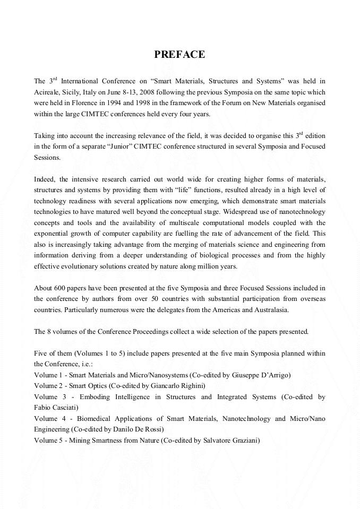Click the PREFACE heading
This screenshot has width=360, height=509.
[179, 55]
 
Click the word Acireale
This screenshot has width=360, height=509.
[48, 91]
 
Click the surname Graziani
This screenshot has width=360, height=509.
[244, 440]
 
